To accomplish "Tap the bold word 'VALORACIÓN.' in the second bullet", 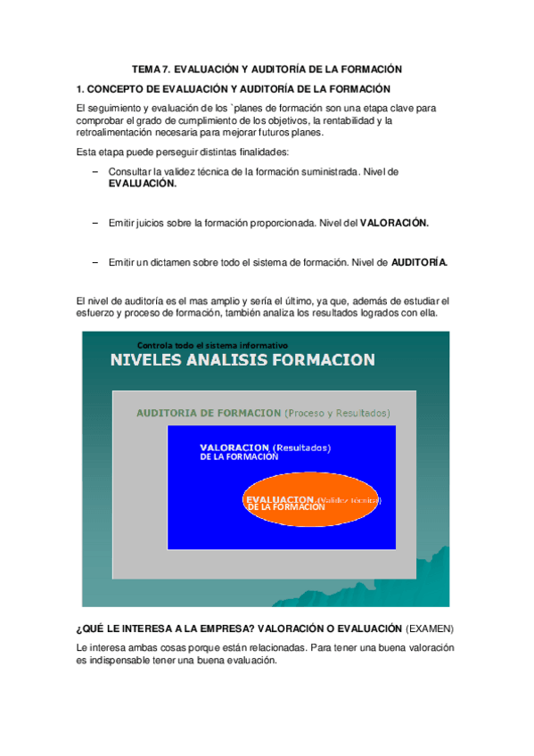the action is point(394,223).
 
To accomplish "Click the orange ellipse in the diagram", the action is point(312,502).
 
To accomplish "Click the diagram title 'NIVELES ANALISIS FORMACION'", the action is point(242,360).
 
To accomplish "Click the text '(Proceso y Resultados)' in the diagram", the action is point(337,414).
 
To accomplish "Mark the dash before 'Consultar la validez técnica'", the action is point(95,171).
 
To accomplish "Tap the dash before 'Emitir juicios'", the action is point(95,223).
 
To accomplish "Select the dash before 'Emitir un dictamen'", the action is point(95,263).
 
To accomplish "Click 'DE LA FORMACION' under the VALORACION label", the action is point(239,456).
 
